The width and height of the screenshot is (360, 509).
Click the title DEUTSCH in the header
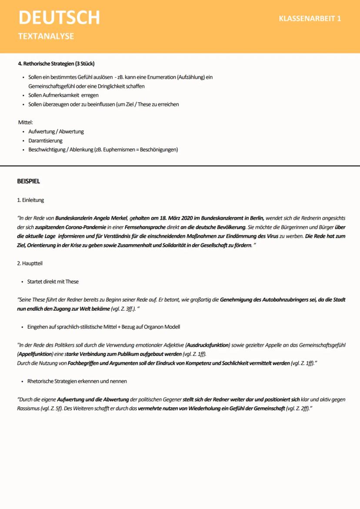pos(59,18)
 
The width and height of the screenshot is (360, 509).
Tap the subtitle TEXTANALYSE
pos(46,37)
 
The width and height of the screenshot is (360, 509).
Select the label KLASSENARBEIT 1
pos(310,19)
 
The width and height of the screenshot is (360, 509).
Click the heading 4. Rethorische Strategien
pos(56,63)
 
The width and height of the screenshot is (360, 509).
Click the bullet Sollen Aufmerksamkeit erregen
pos(63,95)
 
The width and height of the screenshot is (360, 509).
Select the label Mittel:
pos(25,123)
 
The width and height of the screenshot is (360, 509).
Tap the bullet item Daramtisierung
pos(45,141)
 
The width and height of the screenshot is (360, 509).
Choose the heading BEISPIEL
pos(28,181)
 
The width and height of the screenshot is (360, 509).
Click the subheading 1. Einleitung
pos(30,200)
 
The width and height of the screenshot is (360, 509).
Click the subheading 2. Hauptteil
pos(30,263)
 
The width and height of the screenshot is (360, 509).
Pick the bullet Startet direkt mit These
pos(53,282)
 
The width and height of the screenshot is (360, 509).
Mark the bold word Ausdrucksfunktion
pos(208,345)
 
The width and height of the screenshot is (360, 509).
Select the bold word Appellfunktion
pos(35,354)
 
